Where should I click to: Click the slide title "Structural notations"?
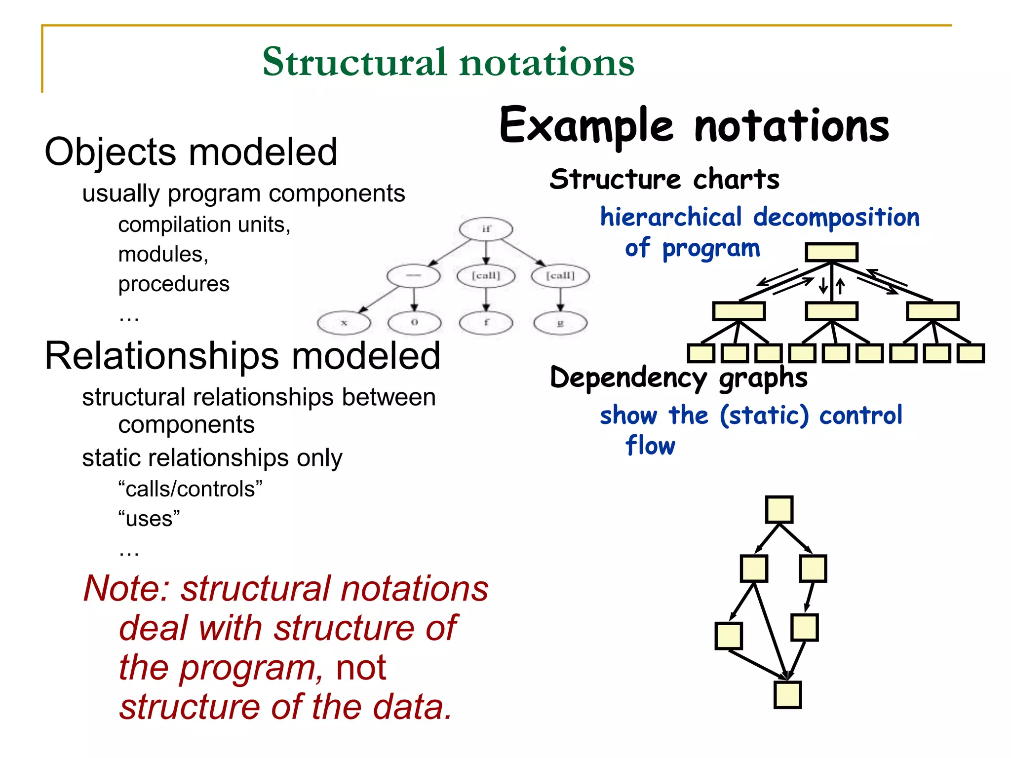tap(448, 62)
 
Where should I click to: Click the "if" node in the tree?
tap(486, 229)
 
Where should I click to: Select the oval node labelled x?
tap(344, 323)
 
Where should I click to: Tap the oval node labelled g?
tap(560, 323)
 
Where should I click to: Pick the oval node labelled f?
tap(486, 323)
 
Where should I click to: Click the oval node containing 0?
tap(414, 323)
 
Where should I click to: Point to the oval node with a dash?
tap(413, 276)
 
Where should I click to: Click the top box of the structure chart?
tap(831, 252)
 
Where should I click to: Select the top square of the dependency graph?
tap(779, 510)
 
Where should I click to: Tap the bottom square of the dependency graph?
tap(787, 695)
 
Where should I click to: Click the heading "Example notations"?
tap(694, 126)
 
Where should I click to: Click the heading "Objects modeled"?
tap(191, 152)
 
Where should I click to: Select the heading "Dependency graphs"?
tap(679, 378)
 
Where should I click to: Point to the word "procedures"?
tap(174, 284)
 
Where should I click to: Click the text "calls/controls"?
tap(191, 489)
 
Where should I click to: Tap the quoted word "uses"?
tap(149, 519)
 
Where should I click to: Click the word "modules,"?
tap(163, 255)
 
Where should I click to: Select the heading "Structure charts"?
tap(664, 179)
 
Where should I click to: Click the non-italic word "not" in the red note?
tap(361, 668)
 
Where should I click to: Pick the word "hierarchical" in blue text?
tap(671, 217)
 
